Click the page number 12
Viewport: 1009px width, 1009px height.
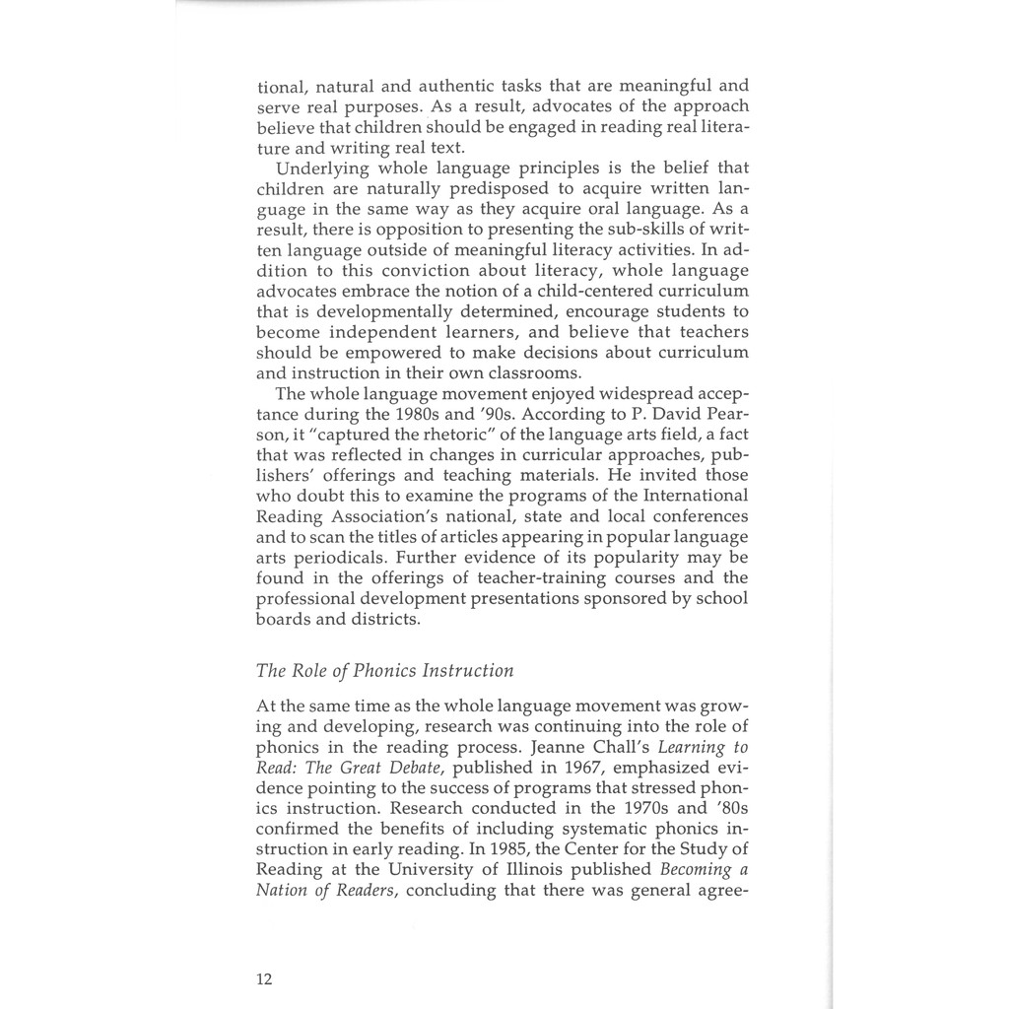click(264, 978)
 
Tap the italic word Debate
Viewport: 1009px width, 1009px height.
click(403, 767)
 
